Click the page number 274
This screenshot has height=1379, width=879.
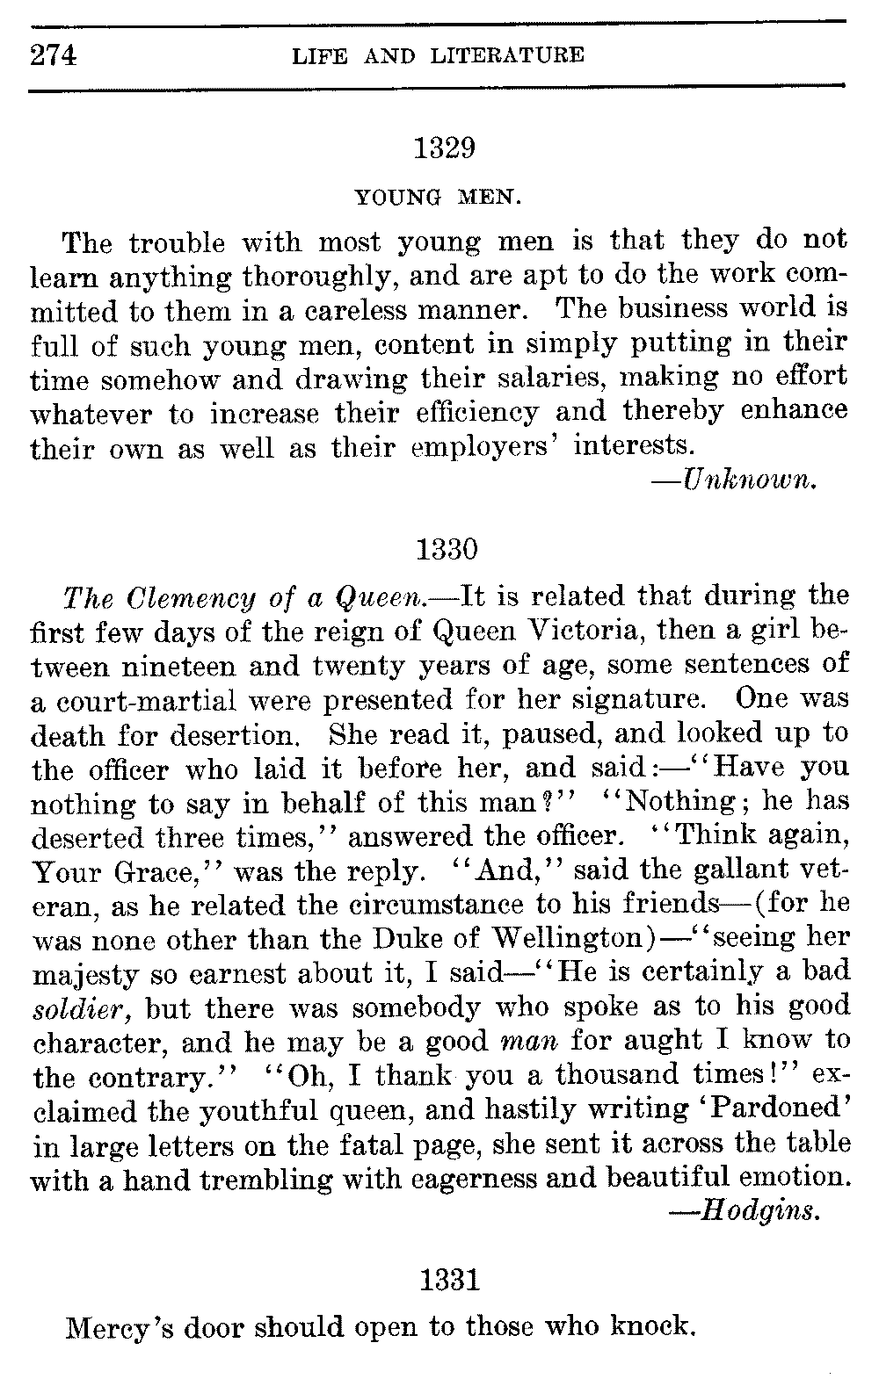(54, 55)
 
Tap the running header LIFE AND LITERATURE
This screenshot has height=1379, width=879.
(437, 56)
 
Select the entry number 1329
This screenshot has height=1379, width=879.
(444, 148)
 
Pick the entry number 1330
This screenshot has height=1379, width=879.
(445, 550)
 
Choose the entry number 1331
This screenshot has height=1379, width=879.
(449, 1281)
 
